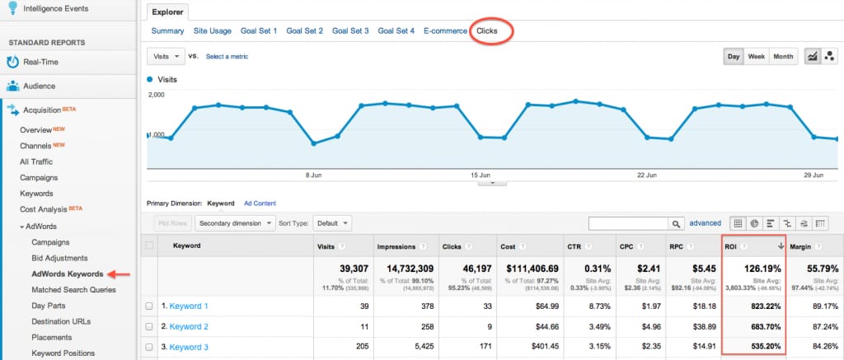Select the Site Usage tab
click(x=213, y=31)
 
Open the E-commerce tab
click(x=444, y=31)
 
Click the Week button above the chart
click(x=756, y=57)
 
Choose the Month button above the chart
click(x=783, y=57)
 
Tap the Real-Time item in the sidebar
click(x=41, y=62)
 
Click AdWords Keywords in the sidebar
click(x=67, y=274)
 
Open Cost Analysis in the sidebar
click(x=44, y=208)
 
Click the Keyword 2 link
click(x=189, y=327)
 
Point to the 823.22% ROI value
click(x=761, y=306)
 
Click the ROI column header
click(x=731, y=245)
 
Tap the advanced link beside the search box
click(x=705, y=222)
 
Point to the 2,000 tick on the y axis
click(x=157, y=95)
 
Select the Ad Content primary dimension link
click(x=260, y=203)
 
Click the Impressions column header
click(x=396, y=245)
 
